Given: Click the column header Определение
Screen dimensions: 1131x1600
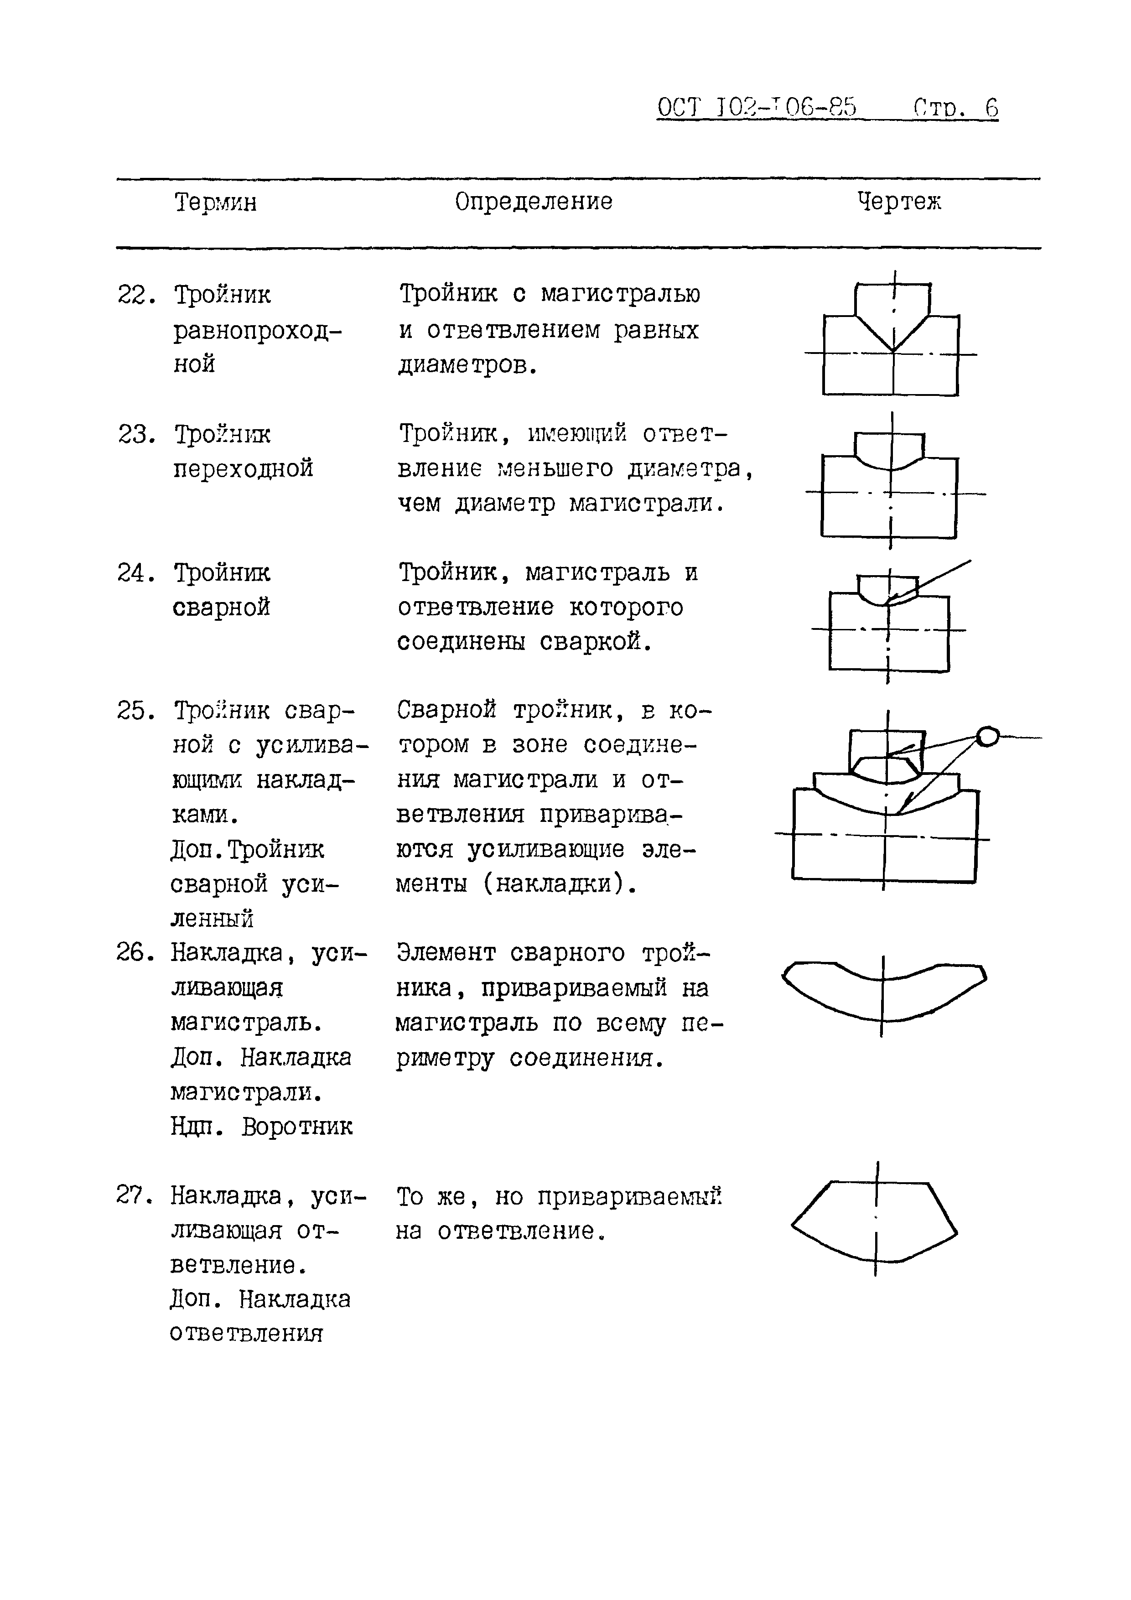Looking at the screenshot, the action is pyautogui.click(x=534, y=202).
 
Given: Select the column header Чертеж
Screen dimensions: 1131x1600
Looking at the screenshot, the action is pyautogui.click(x=899, y=202).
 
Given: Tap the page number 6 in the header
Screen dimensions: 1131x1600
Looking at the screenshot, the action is pyautogui.click(x=991, y=108).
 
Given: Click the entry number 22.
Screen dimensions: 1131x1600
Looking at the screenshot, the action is pyautogui.click(x=135, y=296).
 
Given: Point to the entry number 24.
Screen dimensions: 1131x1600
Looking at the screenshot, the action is pyautogui.click(x=135, y=573).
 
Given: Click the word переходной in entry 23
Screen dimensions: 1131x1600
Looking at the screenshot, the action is pyautogui.click(x=243, y=468).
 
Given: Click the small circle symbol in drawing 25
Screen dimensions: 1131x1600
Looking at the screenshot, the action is pyautogui.click(x=987, y=736).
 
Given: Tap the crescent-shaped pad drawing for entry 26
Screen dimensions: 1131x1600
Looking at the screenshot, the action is pyautogui.click(x=884, y=992).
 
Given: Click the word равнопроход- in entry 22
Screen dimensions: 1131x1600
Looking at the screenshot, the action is pyautogui.click(x=258, y=330).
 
